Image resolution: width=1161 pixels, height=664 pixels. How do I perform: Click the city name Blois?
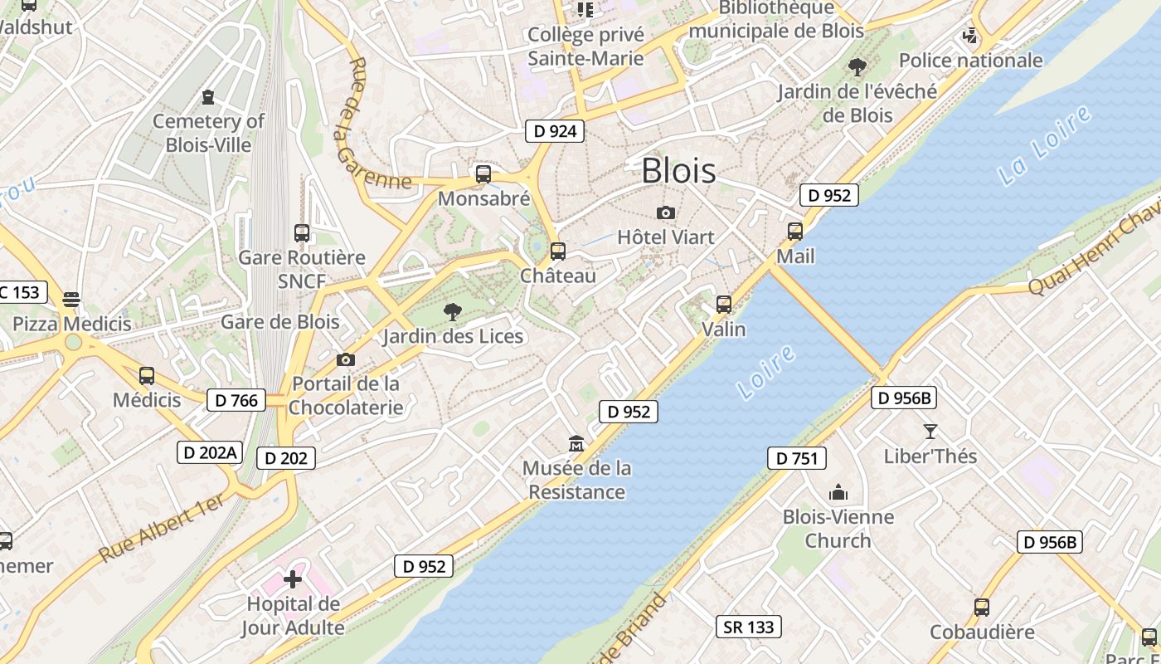pyautogui.click(x=678, y=171)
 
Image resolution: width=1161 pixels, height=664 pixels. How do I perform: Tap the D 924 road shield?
pyautogui.click(x=555, y=131)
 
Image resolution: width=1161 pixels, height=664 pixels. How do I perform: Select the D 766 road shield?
pyautogui.click(x=236, y=400)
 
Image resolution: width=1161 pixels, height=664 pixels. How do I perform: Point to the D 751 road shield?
pyautogui.click(x=796, y=458)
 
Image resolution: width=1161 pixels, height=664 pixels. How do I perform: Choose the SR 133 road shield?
pyautogui.click(x=749, y=627)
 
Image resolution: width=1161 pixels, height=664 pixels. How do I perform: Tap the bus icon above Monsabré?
pyautogui.click(x=483, y=174)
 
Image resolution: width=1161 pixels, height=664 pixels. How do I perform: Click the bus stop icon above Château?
pyautogui.click(x=558, y=251)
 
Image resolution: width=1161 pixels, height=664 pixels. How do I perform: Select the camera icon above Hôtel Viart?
pyautogui.click(x=665, y=213)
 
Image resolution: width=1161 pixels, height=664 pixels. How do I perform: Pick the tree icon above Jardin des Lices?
pyautogui.click(x=453, y=312)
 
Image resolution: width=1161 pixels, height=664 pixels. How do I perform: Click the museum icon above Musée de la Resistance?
pyautogui.click(x=576, y=444)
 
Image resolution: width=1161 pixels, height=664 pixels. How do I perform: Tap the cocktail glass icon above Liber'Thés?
pyautogui.click(x=930, y=432)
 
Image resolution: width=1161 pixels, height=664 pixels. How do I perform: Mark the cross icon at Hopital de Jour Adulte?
pyautogui.click(x=293, y=579)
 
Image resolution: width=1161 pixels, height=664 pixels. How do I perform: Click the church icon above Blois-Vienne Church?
pyautogui.click(x=838, y=493)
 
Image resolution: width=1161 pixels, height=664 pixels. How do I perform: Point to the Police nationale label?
pyautogui.click(x=970, y=60)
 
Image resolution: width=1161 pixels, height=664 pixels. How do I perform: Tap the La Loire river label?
pyautogui.click(x=1045, y=145)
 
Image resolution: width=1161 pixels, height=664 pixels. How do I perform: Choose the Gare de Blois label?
pyautogui.click(x=279, y=322)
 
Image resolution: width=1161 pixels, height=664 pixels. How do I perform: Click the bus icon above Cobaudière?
pyautogui.click(x=982, y=608)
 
